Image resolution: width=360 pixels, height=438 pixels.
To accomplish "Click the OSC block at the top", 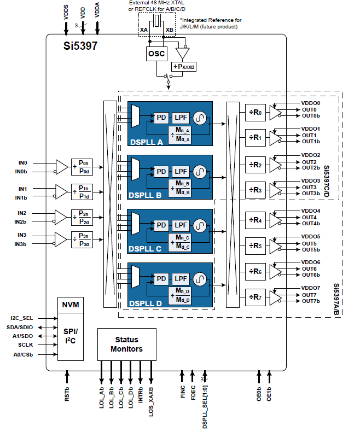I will click(156, 53).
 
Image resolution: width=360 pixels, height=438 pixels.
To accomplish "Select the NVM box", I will click(70, 305).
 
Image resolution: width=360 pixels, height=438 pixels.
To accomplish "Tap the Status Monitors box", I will click(126, 344).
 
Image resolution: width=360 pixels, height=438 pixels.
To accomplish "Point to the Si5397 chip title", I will click(80, 46).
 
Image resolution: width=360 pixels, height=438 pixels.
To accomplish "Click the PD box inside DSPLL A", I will click(161, 118).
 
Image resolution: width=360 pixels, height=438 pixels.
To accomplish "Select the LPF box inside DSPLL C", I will click(181, 225).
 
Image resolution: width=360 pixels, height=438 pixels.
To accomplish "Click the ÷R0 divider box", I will click(256, 112).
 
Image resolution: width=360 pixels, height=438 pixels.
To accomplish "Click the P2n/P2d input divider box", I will click(83, 218).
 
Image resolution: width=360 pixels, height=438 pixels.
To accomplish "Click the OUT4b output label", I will click(311, 224).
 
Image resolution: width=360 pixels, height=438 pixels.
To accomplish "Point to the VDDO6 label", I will click(311, 262).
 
